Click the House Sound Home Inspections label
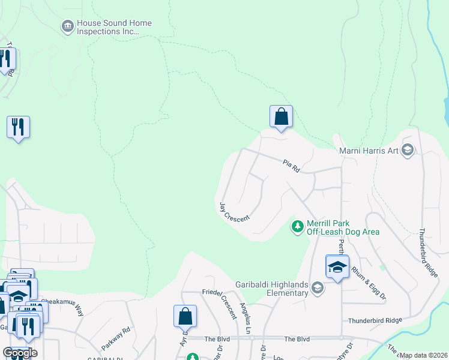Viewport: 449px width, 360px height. tap(114, 27)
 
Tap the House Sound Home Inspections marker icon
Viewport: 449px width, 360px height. tap(67, 26)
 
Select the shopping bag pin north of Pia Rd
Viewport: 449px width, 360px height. tap(281, 116)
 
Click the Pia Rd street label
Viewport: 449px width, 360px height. tap(292, 166)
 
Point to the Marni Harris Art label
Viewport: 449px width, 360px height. tap(369, 151)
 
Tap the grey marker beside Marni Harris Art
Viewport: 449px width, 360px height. tap(408, 150)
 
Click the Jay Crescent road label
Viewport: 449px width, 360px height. tap(235, 212)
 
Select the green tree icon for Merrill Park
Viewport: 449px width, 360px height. tap(297, 227)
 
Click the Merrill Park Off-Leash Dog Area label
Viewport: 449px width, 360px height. tap(343, 227)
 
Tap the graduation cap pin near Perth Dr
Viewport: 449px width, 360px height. tap(337, 266)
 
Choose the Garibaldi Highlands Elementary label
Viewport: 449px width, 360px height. tap(272, 289)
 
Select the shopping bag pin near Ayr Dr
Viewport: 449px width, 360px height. tap(185, 316)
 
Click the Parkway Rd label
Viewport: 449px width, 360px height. tap(116, 338)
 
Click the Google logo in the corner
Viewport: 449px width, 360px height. tap(19, 353)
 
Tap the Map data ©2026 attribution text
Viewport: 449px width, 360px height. tap(424, 355)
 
